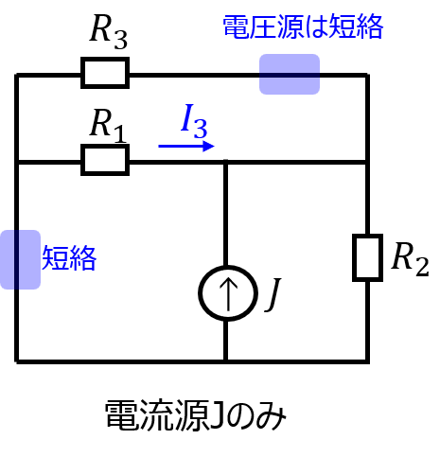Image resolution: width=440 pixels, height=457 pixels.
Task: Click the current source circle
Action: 202,293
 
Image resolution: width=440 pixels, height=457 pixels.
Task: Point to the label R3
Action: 109,32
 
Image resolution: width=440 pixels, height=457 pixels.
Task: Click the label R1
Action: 108,125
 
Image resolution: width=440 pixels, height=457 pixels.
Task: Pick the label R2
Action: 410,259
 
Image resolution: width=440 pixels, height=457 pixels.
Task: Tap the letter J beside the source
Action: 273,295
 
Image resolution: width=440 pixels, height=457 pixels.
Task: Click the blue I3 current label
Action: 194,121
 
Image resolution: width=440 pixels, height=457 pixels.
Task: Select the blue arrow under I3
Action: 186,146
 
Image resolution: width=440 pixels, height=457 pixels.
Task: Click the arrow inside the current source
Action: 228,293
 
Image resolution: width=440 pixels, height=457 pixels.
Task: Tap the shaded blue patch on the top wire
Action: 290,74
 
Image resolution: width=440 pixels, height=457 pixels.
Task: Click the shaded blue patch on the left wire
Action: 20,259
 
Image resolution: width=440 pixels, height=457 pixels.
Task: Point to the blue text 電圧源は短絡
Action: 303,27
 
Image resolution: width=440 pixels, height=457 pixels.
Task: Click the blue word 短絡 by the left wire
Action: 69,258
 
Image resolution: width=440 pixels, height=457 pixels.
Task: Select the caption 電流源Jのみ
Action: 196,414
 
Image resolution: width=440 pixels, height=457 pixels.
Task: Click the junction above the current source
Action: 225,162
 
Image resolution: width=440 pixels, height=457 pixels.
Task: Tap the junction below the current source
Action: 225,360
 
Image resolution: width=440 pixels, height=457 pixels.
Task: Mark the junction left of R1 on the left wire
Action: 17,162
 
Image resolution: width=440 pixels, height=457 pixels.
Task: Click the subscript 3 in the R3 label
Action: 120,41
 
